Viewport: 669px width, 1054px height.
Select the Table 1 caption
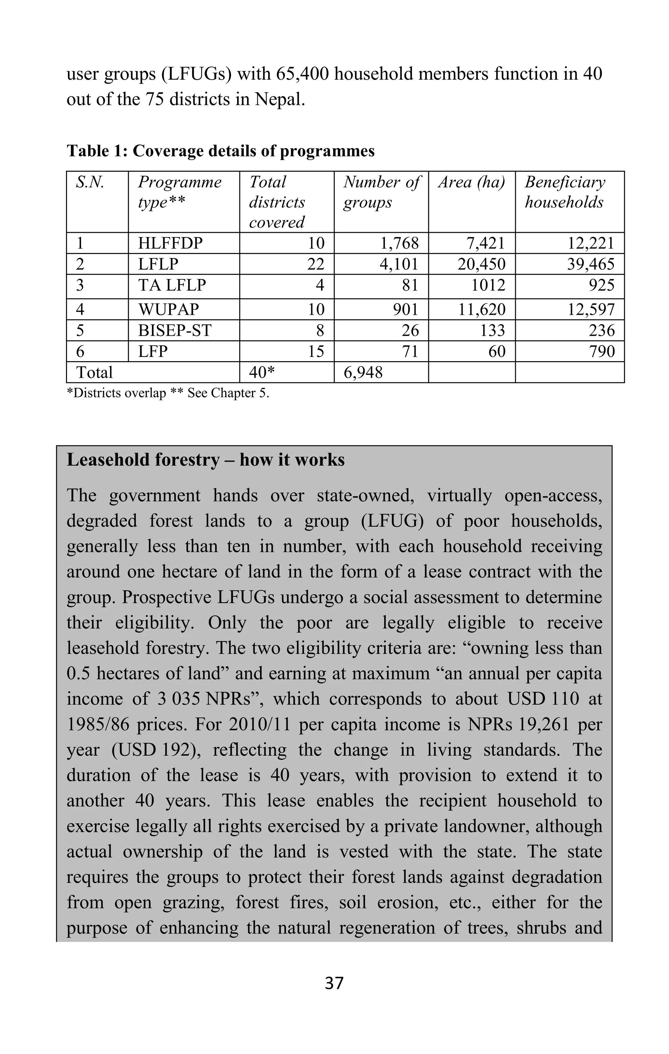point(220,151)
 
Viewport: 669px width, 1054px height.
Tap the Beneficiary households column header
point(565,192)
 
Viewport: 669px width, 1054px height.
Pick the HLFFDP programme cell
point(170,243)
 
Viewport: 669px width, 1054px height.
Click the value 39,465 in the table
point(591,264)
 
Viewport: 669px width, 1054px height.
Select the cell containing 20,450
point(481,264)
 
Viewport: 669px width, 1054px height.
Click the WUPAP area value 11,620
point(481,310)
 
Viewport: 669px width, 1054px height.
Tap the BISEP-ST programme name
point(175,330)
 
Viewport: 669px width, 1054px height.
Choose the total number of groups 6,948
point(363,373)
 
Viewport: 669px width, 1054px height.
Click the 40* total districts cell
point(262,373)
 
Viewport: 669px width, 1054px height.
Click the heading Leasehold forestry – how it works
point(205,460)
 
